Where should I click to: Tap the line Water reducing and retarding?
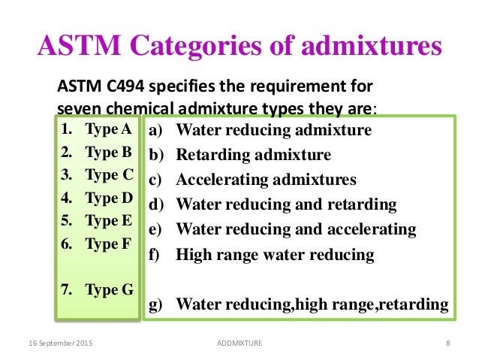tap(285, 205)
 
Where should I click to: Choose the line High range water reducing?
tap(274, 254)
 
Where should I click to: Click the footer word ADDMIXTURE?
tap(239, 343)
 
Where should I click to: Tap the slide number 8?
tap(447, 343)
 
